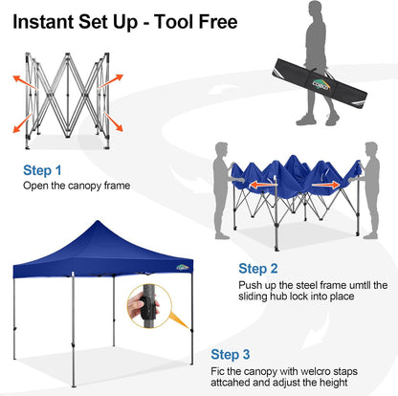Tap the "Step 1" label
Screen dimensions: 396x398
(x=42, y=170)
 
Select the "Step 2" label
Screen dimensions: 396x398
(x=259, y=269)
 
